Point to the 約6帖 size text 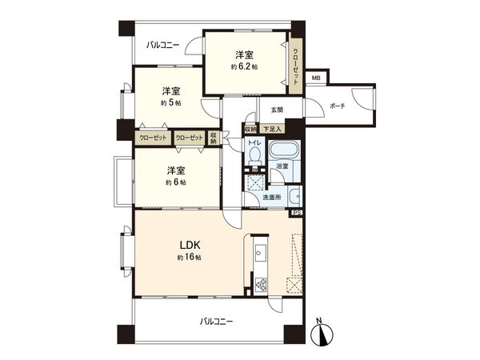[x=177, y=182]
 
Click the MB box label [x=316, y=78]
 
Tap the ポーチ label [x=337, y=106]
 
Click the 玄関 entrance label [x=277, y=109]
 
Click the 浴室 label [x=282, y=166]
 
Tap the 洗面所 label [x=273, y=197]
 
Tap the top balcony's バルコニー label [x=162, y=46]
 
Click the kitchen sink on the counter [x=260, y=254]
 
